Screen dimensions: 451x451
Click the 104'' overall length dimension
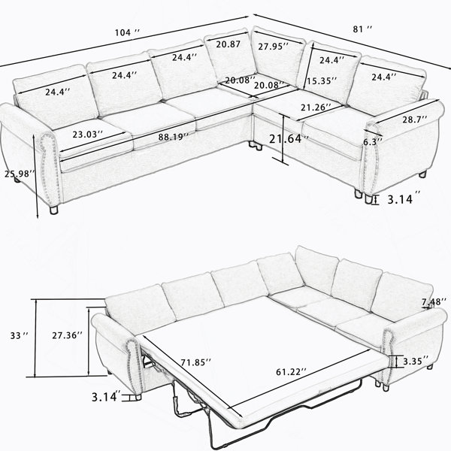pos(127,32)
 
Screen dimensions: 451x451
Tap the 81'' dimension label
pos(362,29)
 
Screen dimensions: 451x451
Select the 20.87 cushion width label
pos(228,44)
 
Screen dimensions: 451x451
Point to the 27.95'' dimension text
pos(273,47)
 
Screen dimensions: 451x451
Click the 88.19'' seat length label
pos(173,137)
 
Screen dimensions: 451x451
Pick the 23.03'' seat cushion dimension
pos(87,134)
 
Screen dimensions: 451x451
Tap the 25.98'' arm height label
pos(20,174)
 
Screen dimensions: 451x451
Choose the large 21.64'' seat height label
pos(289,139)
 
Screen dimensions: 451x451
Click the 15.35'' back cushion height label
pos(321,81)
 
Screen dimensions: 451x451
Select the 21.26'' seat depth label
pos(316,107)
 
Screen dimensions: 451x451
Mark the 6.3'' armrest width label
pos(373,142)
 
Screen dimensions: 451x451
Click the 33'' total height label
pos(20,335)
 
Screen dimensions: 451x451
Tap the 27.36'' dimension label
pos(68,335)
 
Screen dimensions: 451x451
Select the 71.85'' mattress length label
pos(196,362)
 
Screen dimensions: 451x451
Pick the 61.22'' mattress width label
pos(292,372)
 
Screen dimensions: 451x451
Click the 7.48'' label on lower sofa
pos(434,301)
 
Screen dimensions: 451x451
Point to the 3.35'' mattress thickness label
pos(416,361)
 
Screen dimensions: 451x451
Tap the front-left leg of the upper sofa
pos(54,210)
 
